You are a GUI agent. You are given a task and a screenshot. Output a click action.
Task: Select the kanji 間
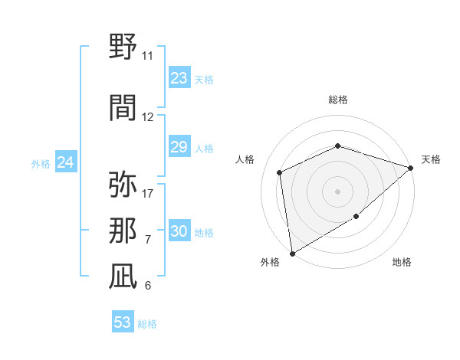coord(123,108)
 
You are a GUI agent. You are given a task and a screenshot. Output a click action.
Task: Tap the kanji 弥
coord(123,185)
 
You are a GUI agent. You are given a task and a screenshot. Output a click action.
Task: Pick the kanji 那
coord(123,231)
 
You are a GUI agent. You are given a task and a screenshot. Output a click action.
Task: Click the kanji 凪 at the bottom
coord(123,277)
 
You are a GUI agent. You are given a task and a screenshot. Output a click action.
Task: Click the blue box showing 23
coord(179,78)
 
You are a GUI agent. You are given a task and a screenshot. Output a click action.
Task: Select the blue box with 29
coord(179,147)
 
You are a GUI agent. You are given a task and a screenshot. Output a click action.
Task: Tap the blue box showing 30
coord(179,231)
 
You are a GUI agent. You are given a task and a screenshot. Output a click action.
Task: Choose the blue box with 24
coord(65,162)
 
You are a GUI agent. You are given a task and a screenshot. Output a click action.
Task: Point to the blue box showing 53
coord(122,322)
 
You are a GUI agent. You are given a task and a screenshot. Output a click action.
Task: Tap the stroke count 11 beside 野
coord(147,56)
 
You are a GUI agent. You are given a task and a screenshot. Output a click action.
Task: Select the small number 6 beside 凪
coord(147,286)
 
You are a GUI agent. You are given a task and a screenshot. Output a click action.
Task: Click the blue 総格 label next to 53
coord(147,324)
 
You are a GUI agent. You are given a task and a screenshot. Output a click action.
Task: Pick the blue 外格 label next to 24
coord(41,164)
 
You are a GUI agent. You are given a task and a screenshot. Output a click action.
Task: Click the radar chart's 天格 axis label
coord(431,159)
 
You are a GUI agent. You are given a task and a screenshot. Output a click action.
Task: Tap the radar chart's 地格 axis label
coord(402,262)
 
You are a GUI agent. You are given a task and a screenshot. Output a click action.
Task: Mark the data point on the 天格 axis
coord(411,167)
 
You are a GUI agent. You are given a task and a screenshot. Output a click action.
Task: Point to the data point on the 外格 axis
coord(292,253)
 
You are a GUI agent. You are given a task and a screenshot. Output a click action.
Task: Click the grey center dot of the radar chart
coord(337,191)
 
